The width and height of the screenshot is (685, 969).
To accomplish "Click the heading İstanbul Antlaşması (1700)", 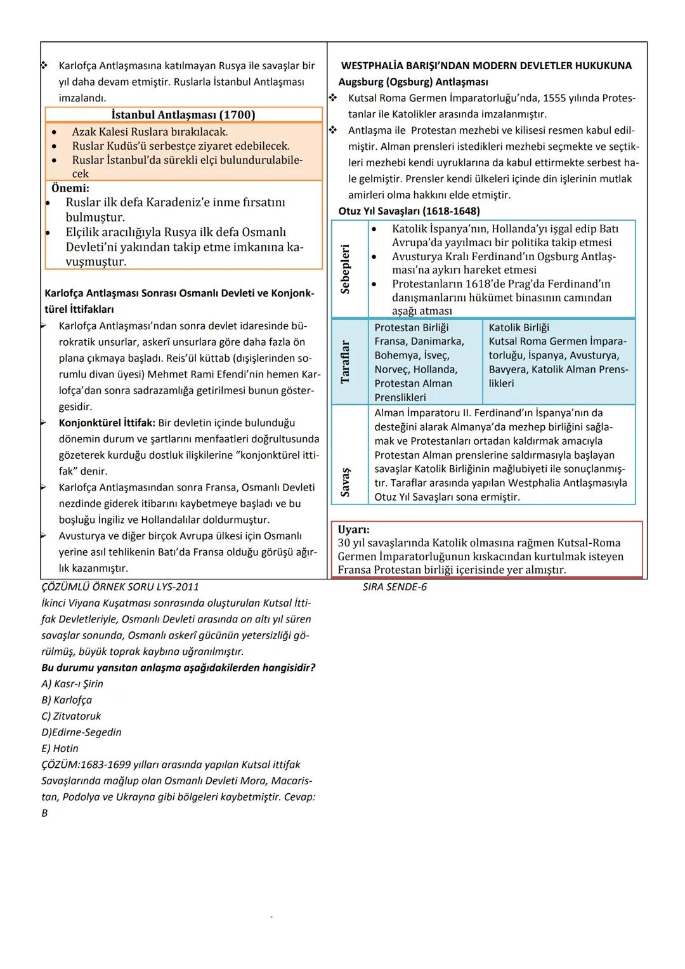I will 183,115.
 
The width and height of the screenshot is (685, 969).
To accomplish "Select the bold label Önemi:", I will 70,188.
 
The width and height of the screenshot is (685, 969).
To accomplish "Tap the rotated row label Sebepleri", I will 346,268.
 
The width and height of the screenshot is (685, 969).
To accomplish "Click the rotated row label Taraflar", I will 346,362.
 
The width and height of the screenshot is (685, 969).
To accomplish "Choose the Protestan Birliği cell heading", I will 411,327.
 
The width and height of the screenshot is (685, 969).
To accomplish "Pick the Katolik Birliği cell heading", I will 519,327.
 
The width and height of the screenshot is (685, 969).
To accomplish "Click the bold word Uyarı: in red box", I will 354,529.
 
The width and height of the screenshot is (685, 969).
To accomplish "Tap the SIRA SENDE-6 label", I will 395,587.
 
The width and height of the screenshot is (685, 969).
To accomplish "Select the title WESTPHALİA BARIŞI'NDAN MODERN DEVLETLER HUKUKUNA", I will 486,65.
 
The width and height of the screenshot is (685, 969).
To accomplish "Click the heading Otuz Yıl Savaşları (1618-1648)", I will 409,211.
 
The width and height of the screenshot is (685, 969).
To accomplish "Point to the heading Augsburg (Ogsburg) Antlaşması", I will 413,82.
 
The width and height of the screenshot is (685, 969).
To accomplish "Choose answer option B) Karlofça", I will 67,700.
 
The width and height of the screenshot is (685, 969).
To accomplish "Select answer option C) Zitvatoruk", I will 71,716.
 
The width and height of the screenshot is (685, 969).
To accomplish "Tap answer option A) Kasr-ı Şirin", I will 72,684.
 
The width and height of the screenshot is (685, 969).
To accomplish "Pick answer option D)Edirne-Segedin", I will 81,732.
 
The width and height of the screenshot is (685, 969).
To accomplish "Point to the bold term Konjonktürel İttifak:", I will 107,423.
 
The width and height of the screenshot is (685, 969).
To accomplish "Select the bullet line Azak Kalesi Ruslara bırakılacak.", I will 150,132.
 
